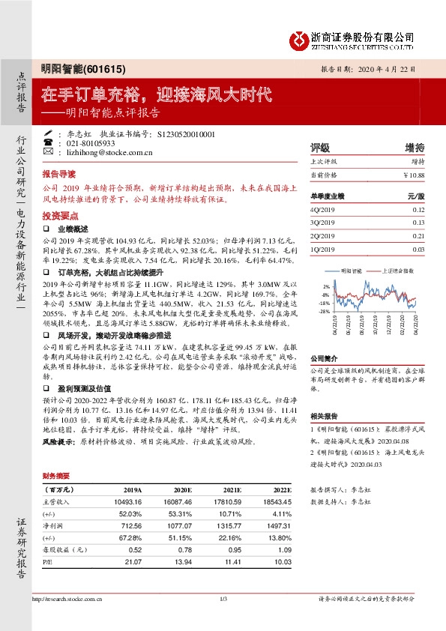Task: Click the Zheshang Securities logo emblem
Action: tap(301, 38)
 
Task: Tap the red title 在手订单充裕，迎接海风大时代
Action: tap(156, 96)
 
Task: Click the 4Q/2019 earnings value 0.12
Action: tap(418, 211)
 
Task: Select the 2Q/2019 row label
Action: tap(323, 236)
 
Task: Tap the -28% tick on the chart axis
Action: tap(325, 311)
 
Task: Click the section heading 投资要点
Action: tap(59, 214)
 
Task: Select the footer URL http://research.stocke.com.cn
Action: tap(67, 599)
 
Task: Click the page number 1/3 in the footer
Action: tap(223, 599)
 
